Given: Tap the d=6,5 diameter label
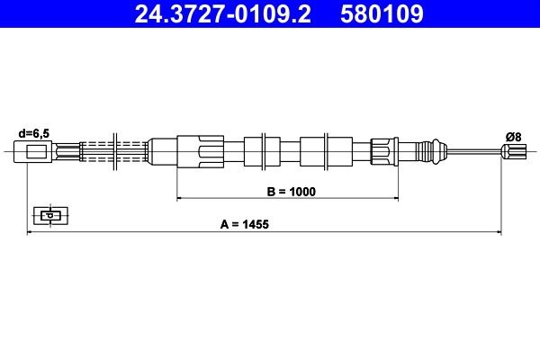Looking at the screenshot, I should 33,133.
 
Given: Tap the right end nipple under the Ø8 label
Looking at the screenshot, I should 514,151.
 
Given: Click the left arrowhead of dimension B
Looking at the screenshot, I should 179,196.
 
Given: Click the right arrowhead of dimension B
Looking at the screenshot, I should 393,196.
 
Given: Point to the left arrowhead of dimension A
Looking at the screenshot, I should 31,232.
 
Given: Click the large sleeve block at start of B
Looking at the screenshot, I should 199,150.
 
